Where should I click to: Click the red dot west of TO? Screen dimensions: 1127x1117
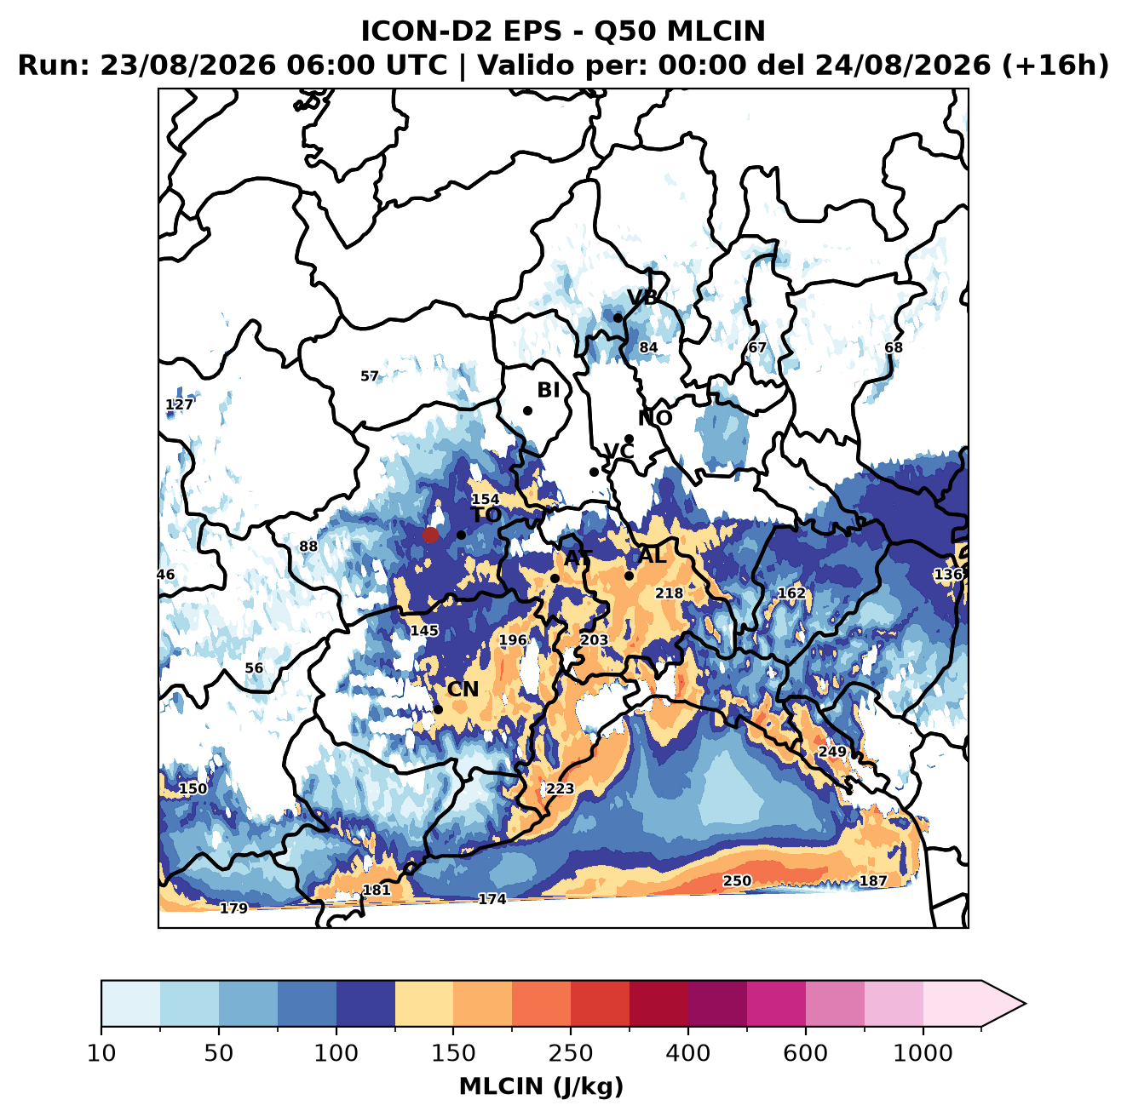430,535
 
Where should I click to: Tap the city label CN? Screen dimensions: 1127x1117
462,689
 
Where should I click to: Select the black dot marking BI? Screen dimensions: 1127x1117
527,410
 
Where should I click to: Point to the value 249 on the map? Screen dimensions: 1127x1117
831,751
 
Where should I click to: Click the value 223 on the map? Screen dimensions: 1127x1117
560,788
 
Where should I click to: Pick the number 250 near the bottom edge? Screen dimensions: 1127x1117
737,880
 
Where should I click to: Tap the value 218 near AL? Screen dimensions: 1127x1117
669,593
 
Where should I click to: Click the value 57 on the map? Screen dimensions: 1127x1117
369,375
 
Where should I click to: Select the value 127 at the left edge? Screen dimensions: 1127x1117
179,404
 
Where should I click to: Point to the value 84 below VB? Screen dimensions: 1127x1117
648,347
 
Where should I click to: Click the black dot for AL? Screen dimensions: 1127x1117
629,576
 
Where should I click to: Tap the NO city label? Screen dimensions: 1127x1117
654,418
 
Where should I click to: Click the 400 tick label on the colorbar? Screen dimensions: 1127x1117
687,1052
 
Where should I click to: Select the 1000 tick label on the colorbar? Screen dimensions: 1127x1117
923,1052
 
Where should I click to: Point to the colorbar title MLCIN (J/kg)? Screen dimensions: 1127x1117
541,1086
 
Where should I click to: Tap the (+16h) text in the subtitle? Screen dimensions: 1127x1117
1055,65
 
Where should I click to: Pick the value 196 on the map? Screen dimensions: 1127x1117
512,639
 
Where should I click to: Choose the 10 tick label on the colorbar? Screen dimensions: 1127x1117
101,1052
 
